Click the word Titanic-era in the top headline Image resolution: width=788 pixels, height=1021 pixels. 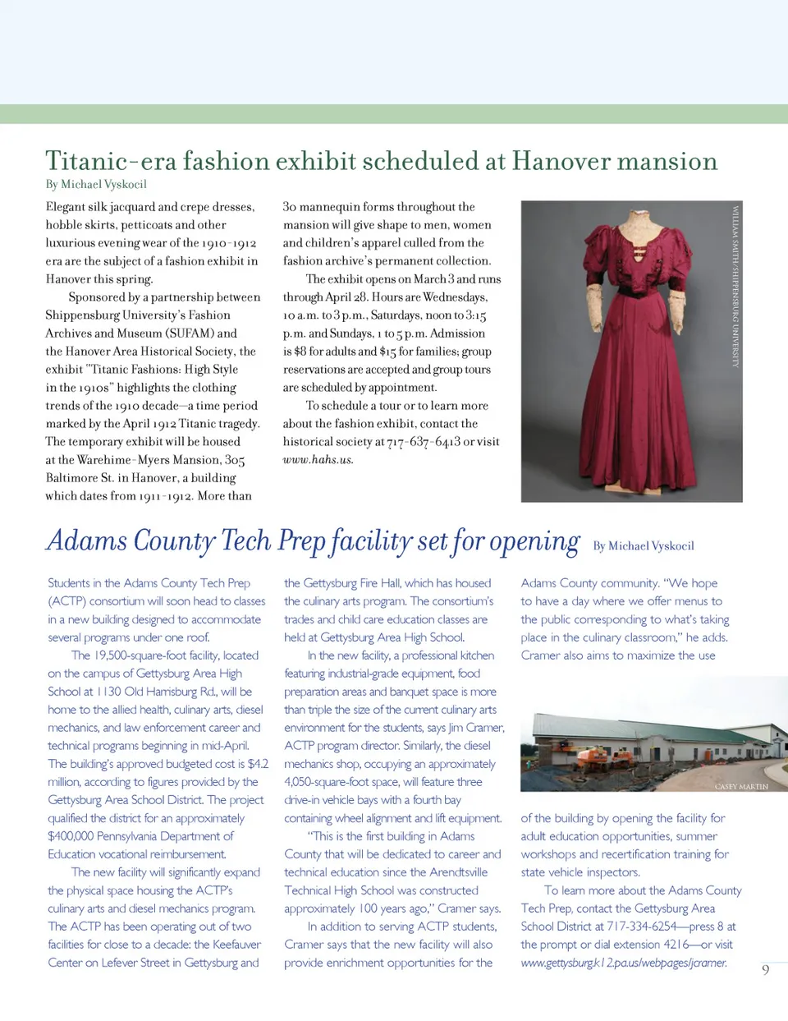[x=111, y=161]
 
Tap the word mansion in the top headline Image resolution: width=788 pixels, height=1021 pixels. [x=667, y=161]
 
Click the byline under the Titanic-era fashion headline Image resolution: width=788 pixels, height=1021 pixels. [x=96, y=184]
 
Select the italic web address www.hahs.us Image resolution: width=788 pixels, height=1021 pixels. [x=318, y=460]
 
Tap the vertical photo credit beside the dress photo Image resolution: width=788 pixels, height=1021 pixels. [x=735, y=285]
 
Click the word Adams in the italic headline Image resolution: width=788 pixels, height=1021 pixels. [x=87, y=541]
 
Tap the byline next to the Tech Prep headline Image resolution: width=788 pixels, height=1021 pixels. [x=644, y=546]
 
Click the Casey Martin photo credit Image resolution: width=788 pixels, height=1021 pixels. [x=740, y=787]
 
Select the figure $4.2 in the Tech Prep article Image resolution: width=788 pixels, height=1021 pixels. [x=258, y=764]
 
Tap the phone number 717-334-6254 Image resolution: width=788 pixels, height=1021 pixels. [x=642, y=927]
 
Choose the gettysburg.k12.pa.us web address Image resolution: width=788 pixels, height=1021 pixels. [x=624, y=963]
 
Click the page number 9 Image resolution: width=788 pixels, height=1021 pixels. [x=766, y=970]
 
